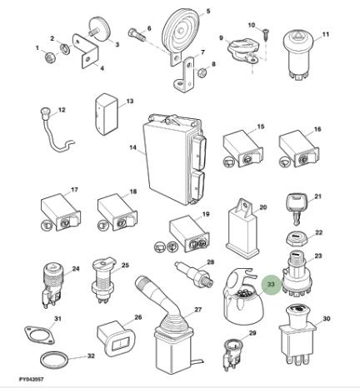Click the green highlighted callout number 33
(271, 285)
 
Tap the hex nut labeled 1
(50, 58)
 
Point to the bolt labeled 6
(137, 34)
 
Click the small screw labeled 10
(266, 34)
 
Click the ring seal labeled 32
(54, 360)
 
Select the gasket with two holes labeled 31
(38, 334)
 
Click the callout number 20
(262, 207)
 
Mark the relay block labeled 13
(107, 114)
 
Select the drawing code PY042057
(32, 379)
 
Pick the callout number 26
(138, 317)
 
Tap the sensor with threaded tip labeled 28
(194, 274)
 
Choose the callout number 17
(74, 190)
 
